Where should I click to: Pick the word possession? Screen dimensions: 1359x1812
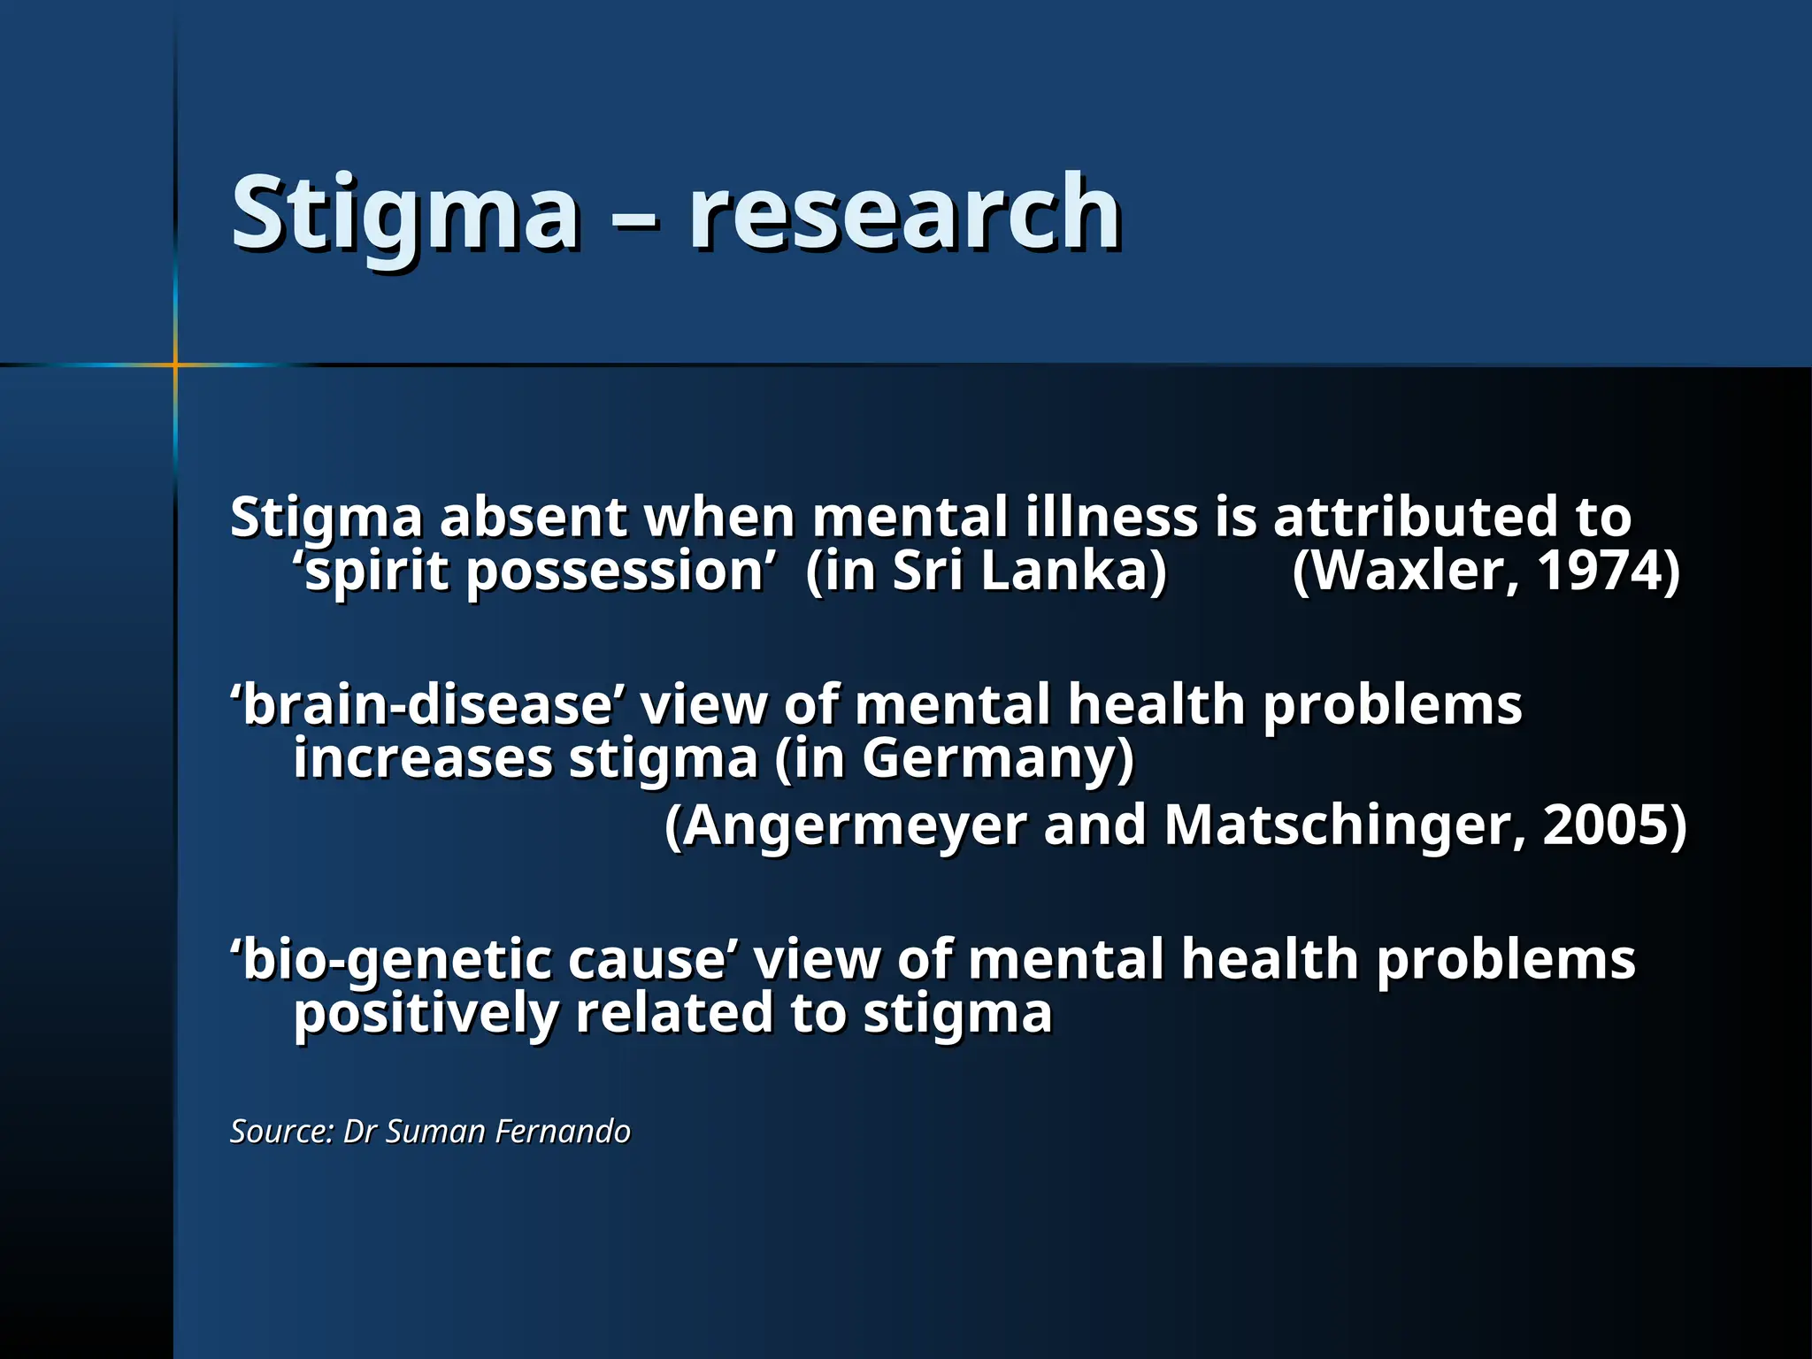coord(614,573)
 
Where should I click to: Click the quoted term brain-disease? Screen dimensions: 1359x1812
coord(427,705)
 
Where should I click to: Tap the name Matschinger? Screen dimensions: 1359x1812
coord(1344,826)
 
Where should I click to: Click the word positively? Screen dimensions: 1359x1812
coord(425,1015)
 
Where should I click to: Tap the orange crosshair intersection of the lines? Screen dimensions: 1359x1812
coord(175,365)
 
